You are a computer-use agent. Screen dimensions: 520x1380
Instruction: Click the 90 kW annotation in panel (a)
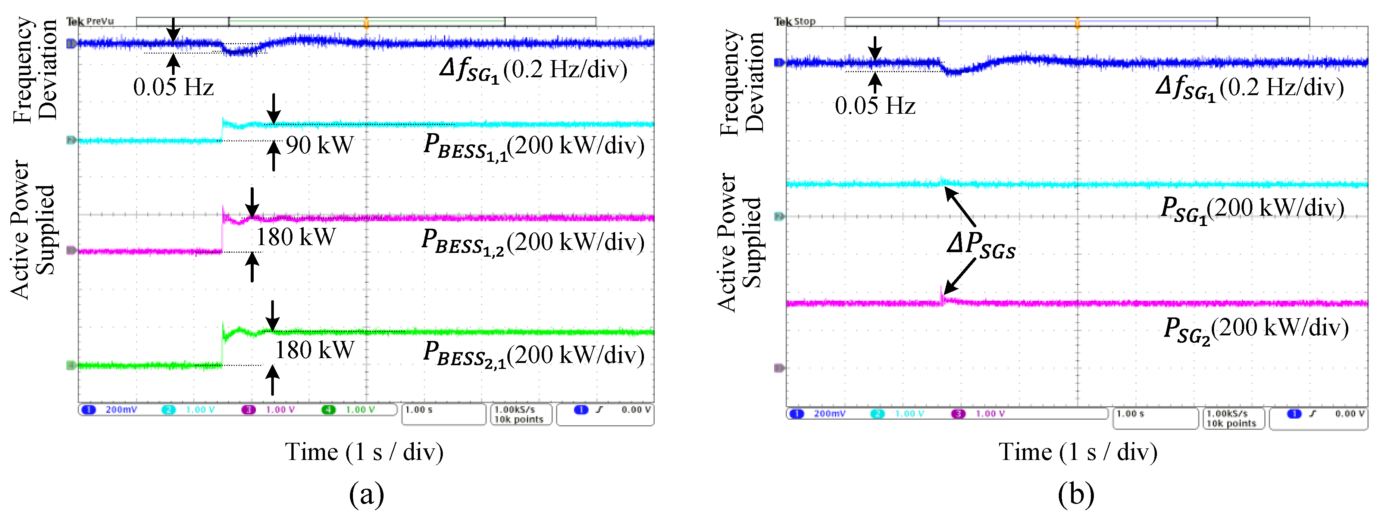(320, 145)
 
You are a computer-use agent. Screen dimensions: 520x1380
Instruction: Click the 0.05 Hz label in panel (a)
(173, 87)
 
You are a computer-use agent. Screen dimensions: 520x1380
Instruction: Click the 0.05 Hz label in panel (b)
(875, 106)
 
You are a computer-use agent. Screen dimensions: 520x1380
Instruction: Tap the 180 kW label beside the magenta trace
(296, 237)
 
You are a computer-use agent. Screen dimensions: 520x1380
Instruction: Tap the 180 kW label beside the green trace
(315, 350)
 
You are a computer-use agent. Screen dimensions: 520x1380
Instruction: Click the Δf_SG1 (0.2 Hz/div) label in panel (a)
(533, 70)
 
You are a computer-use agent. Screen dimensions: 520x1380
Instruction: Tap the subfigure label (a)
(366, 494)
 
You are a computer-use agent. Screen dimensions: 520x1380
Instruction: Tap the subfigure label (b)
(1076, 494)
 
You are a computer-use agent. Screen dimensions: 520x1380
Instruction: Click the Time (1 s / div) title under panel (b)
(1078, 452)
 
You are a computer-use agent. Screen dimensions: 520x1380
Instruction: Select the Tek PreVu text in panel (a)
(90, 21)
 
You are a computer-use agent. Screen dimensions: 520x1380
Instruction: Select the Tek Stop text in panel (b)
(795, 21)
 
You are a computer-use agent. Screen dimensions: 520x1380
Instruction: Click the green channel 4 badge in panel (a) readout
(328, 410)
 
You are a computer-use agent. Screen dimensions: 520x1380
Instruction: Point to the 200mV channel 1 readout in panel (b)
(829, 413)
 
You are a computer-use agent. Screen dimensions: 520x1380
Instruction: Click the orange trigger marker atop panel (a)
(366, 22)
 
